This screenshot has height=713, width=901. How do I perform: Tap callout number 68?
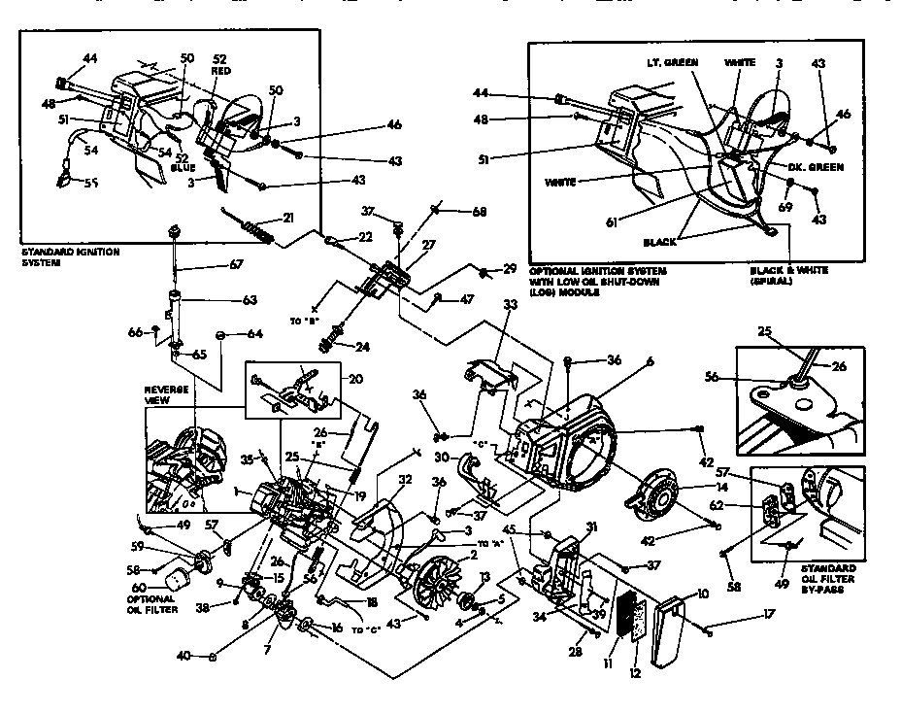tap(479, 211)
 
